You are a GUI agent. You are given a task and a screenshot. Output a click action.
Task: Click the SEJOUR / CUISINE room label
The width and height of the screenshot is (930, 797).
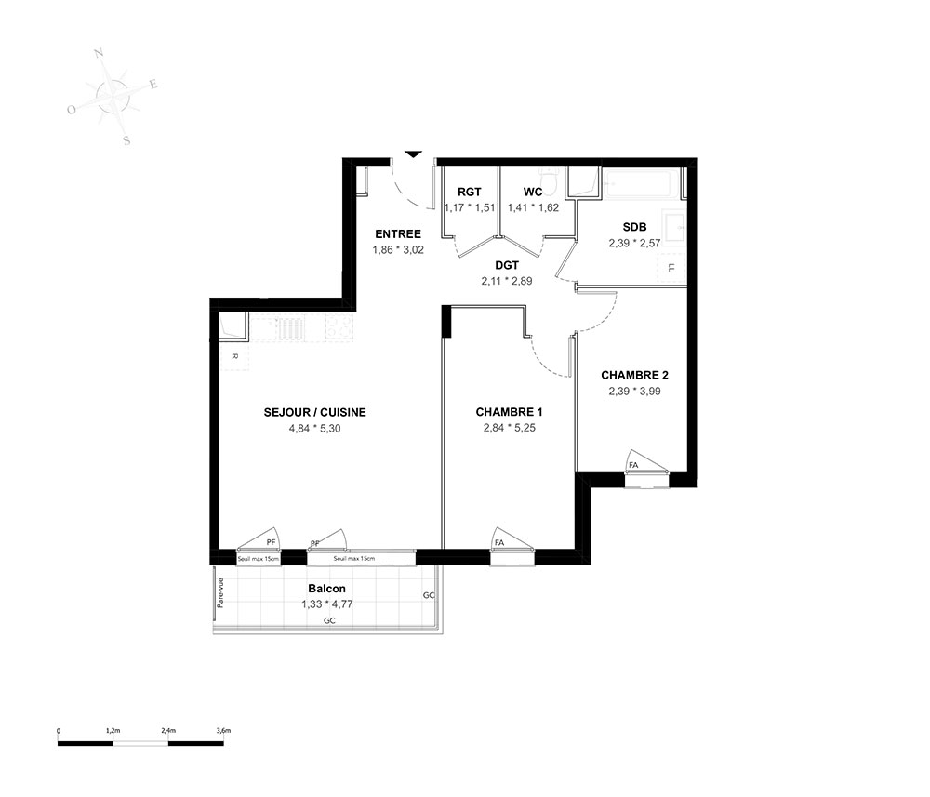point(314,412)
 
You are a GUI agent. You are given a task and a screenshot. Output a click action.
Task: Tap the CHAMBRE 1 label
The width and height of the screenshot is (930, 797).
point(509,412)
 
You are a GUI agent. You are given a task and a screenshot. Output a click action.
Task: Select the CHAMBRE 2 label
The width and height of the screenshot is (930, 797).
point(634,375)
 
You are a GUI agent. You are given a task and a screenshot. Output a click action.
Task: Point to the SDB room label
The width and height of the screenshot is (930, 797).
point(634,227)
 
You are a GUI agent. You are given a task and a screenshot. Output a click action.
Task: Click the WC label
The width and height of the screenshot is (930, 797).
point(533,192)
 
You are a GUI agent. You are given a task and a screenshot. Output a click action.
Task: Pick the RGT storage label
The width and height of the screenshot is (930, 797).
point(469,192)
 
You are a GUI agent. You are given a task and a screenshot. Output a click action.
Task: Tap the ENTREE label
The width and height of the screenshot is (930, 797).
point(398,233)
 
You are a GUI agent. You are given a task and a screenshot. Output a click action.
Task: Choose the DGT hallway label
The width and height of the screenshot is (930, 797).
point(507,265)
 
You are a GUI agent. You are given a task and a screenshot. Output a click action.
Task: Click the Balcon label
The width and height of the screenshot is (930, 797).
point(326,589)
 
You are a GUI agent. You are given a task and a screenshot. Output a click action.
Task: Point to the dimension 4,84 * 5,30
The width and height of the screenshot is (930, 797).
point(315,428)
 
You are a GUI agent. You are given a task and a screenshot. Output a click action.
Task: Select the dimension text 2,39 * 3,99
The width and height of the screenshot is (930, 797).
point(634,391)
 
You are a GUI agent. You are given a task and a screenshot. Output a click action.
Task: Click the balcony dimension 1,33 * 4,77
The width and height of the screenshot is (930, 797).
point(327,604)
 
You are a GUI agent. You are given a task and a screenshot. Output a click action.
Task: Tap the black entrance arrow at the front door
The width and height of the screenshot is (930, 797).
point(414,154)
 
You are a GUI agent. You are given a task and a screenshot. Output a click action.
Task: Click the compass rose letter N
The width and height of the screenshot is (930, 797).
point(100,54)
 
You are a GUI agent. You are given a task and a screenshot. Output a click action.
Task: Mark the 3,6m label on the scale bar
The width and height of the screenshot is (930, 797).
point(223,731)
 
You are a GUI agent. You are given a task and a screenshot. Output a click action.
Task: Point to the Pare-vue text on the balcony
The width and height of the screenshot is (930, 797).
point(220,593)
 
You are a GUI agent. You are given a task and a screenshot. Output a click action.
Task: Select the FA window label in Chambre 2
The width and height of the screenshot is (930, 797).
point(633,465)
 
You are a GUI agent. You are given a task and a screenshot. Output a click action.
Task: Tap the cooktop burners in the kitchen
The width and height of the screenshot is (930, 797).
point(339,328)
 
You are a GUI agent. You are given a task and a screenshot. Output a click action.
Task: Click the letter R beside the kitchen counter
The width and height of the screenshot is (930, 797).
point(234,356)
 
